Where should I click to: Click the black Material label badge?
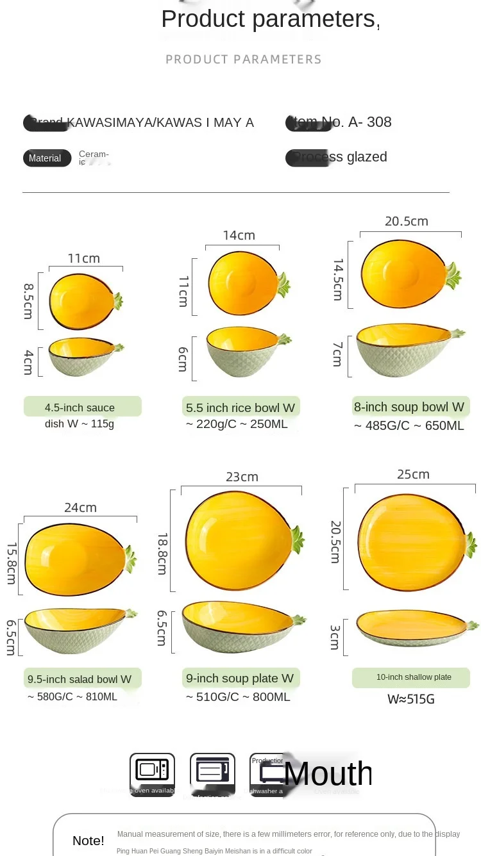click(47, 158)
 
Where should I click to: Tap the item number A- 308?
click(369, 122)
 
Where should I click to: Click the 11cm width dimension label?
click(84, 258)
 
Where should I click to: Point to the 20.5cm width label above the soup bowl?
click(407, 221)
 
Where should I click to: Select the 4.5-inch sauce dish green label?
click(82, 407)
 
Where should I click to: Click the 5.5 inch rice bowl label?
click(240, 407)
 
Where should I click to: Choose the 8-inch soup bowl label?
click(409, 407)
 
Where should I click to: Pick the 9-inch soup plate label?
click(240, 678)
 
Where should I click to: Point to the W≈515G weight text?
click(411, 699)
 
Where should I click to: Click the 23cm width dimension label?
click(242, 477)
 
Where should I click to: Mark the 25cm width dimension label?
click(413, 474)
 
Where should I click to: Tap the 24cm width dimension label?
click(80, 507)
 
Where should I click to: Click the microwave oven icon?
click(152, 771)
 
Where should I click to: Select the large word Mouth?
click(328, 773)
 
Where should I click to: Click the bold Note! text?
click(89, 841)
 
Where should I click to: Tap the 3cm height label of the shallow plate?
click(335, 637)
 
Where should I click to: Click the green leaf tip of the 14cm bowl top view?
click(283, 284)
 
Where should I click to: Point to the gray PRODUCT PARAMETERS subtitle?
click(244, 60)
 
